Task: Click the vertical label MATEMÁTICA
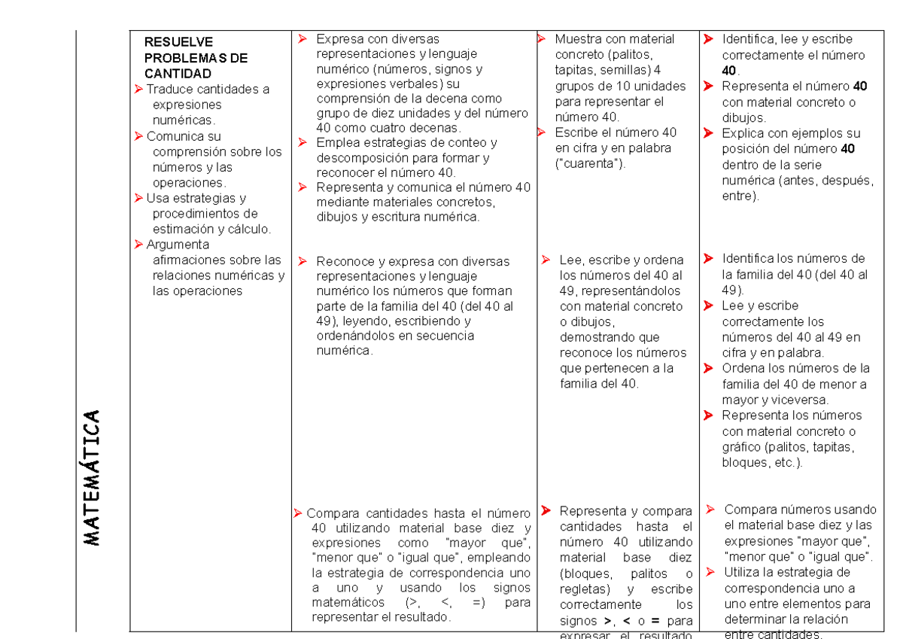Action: coord(92,478)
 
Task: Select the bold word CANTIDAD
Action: coord(178,74)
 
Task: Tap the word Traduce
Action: coord(169,90)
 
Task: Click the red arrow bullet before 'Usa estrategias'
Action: coord(138,199)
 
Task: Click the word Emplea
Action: coord(336,143)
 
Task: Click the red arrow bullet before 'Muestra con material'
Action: coord(541,39)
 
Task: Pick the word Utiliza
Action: coord(746,574)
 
